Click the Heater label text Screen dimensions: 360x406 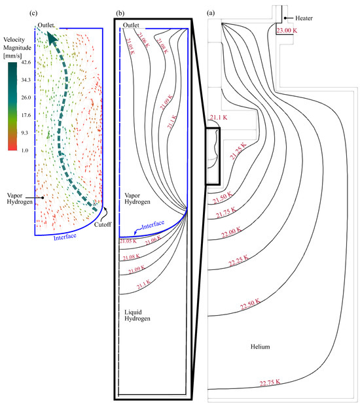pyautogui.click(x=304, y=18)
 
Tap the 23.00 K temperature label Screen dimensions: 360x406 pyautogui.click(x=287, y=31)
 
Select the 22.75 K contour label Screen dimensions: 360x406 pyautogui.click(x=270, y=382)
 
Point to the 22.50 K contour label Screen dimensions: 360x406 pyautogui.click(x=250, y=304)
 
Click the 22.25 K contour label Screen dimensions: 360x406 pyautogui.click(x=238, y=260)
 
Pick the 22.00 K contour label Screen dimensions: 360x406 pyautogui.click(x=232, y=232)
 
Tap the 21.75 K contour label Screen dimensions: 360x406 pyautogui.click(x=226, y=212)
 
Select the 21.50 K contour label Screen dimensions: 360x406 pyautogui.click(x=223, y=198)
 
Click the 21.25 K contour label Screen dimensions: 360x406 pyautogui.click(x=238, y=151)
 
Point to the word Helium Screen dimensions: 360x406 pyautogui.click(x=261, y=347)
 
